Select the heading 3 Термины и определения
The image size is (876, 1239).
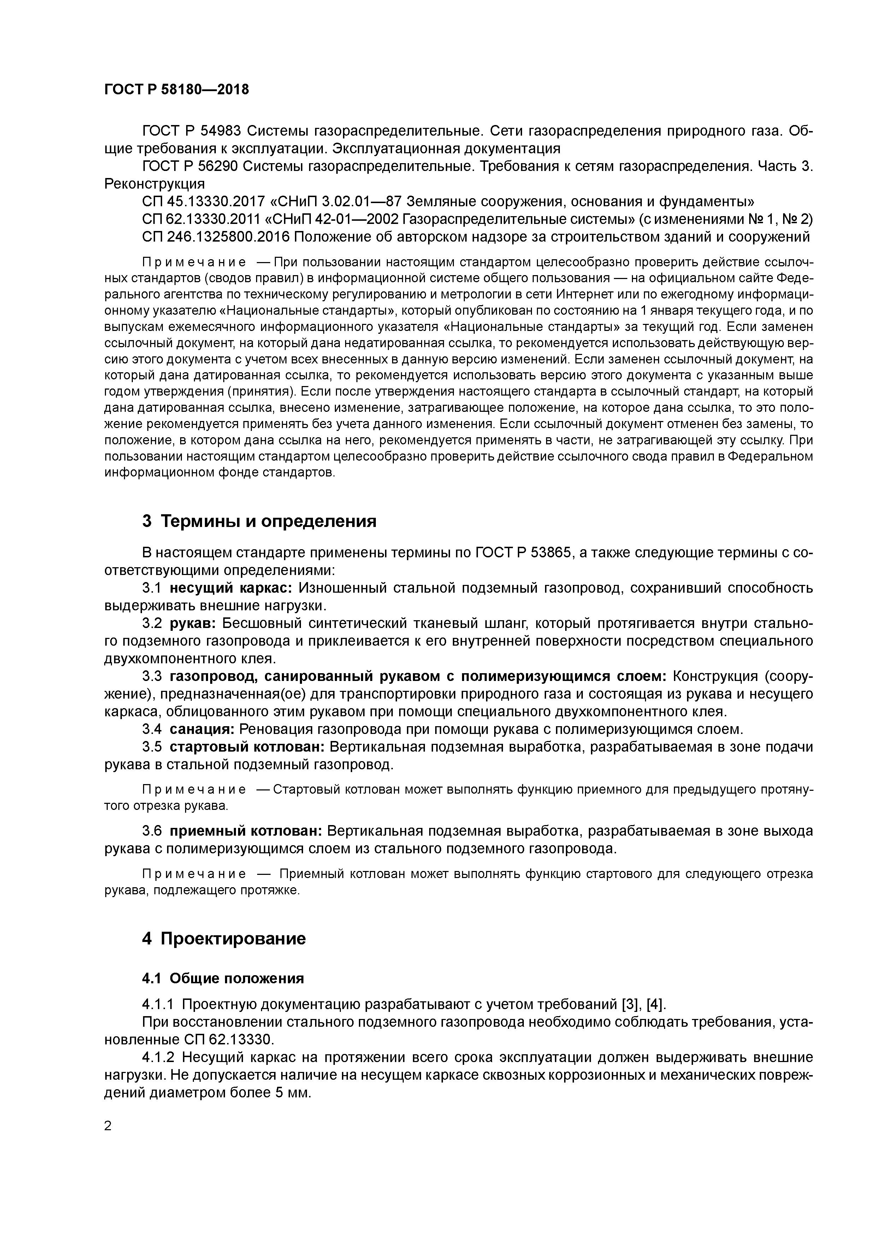point(259,521)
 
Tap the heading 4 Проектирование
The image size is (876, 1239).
point(224,938)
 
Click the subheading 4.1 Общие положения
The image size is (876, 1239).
point(223,978)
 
